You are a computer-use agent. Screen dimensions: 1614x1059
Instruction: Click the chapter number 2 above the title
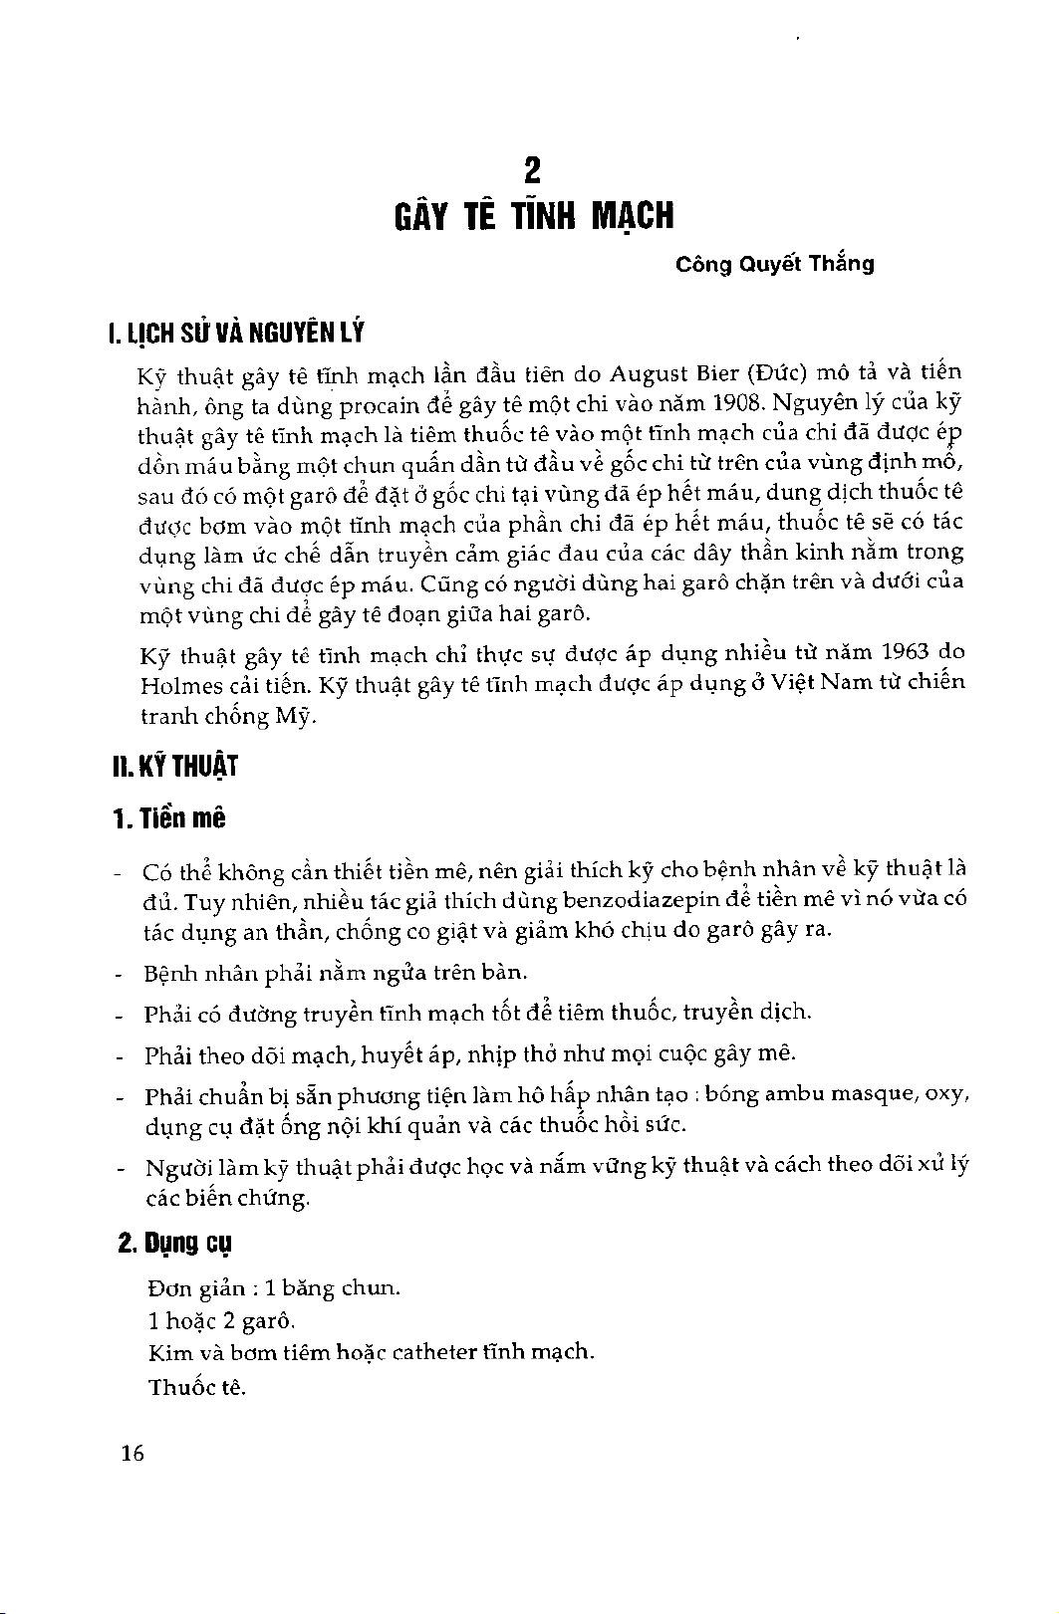[532, 171]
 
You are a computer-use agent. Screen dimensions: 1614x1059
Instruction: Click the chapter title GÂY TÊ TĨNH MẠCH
[532, 216]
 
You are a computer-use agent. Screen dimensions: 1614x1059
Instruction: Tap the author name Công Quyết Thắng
[774, 265]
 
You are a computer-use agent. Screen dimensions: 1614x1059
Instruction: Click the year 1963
[905, 654]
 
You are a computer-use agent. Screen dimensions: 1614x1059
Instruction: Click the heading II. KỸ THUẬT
[174, 768]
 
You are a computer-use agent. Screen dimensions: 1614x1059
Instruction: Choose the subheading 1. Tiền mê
[169, 819]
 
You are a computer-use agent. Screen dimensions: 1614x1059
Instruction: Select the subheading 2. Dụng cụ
[175, 1245]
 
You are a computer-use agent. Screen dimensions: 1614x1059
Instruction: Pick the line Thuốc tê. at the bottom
[196, 1387]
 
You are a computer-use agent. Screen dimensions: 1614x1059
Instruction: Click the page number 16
[132, 1454]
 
